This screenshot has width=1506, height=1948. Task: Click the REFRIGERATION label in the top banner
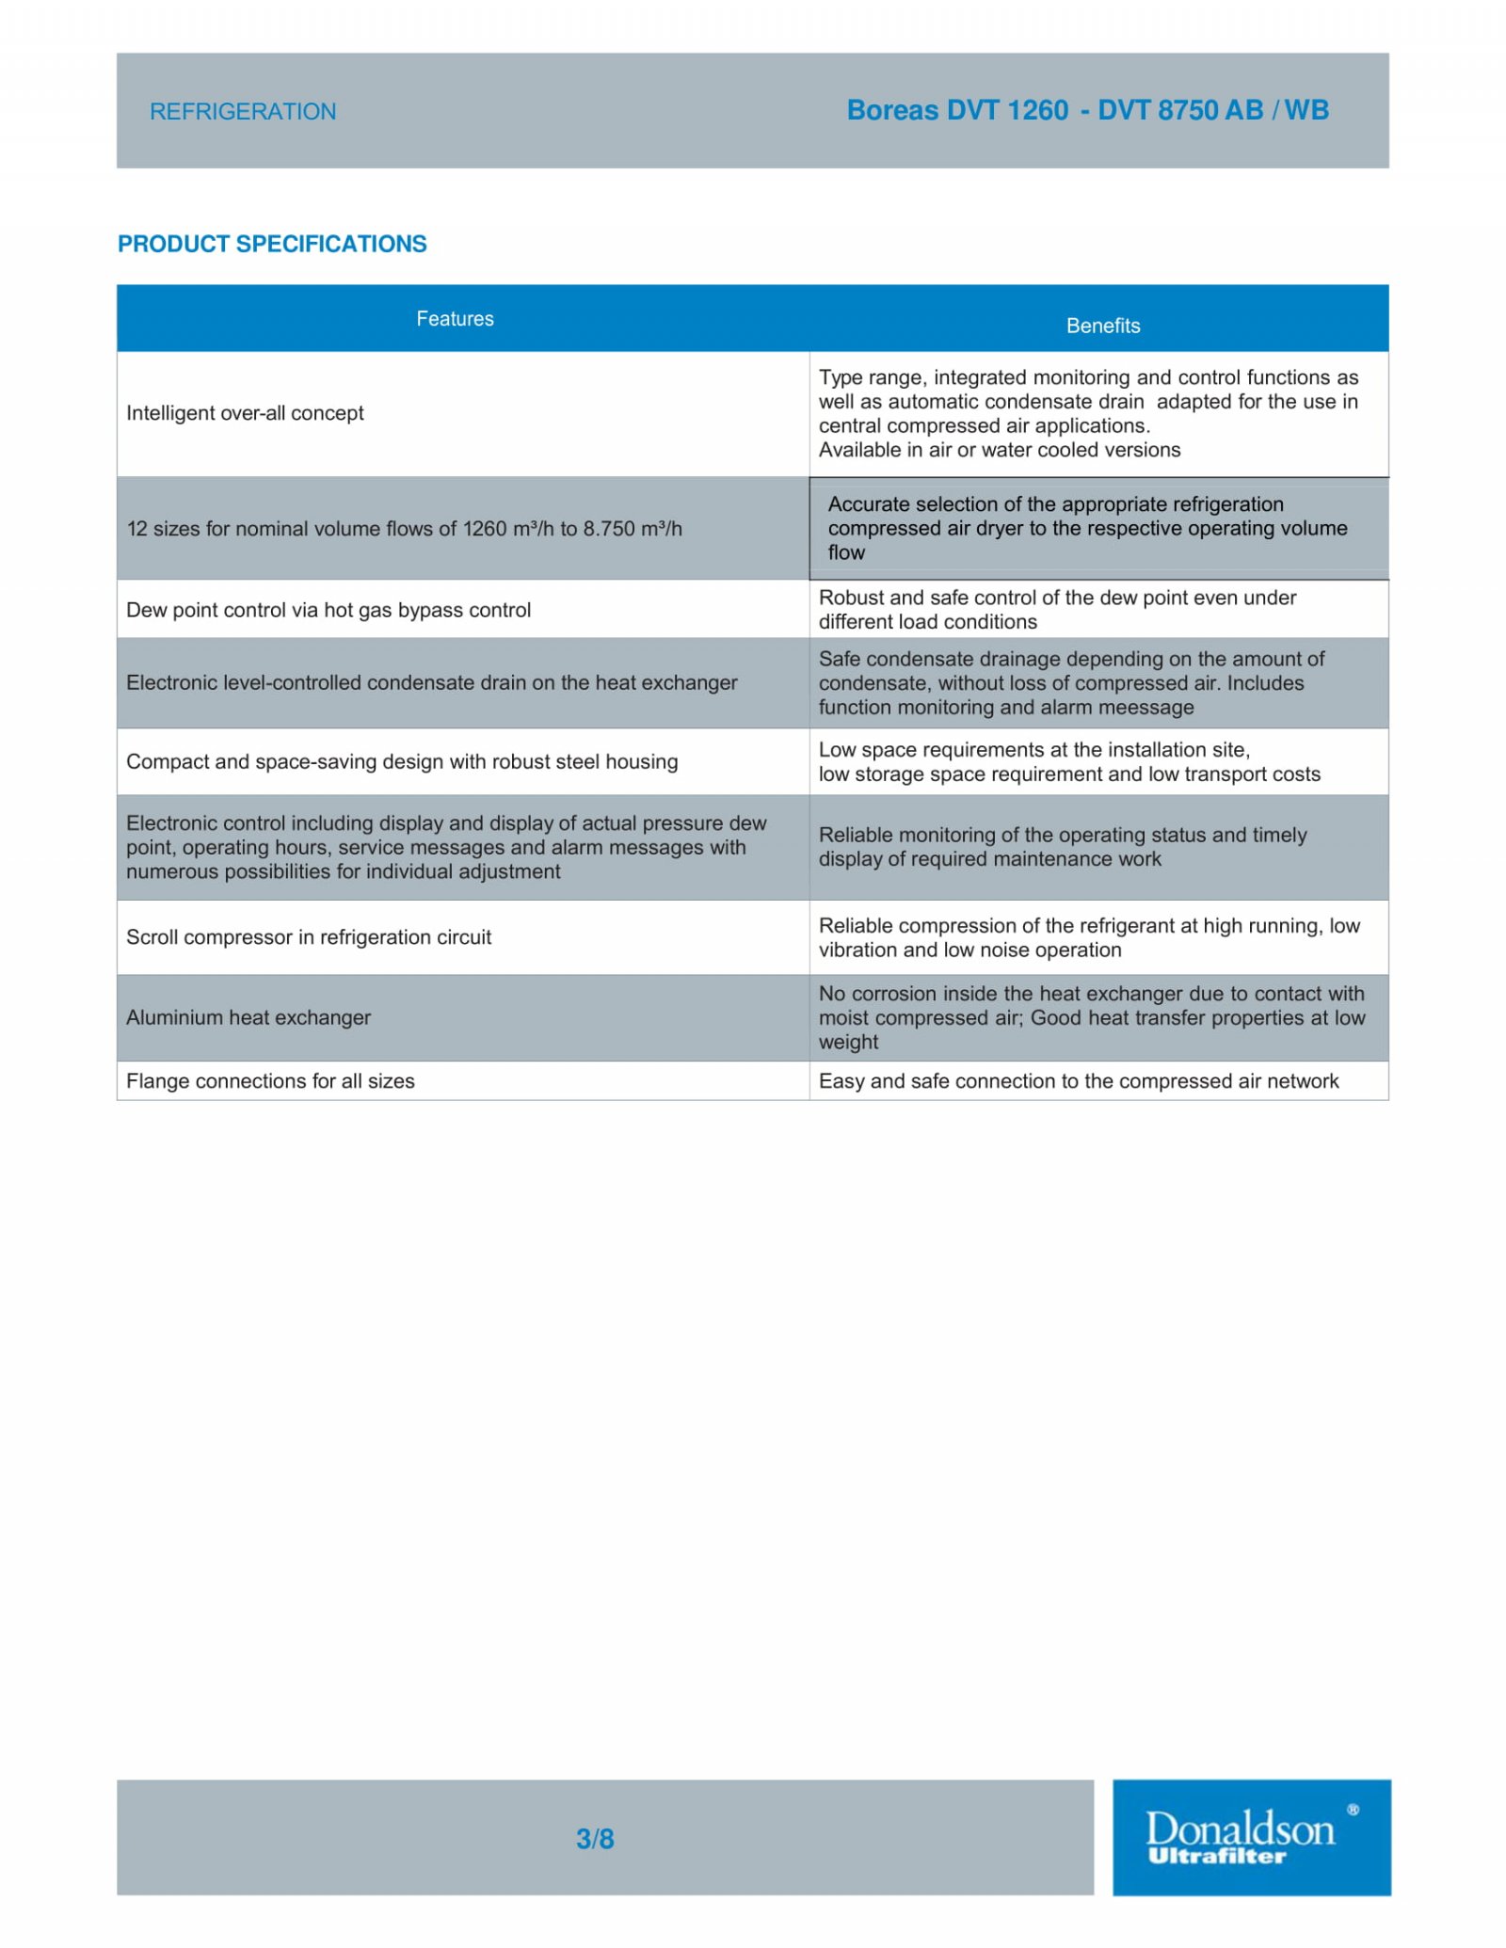point(243,111)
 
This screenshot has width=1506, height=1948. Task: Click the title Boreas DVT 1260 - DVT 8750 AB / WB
point(1087,110)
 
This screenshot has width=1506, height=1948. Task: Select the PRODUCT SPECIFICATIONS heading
point(272,244)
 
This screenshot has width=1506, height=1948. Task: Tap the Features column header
point(455,319)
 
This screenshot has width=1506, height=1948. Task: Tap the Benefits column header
point(1103,326)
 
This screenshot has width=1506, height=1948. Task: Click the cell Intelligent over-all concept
point(245,413)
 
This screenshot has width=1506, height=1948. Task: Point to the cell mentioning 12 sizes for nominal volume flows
point(404,529)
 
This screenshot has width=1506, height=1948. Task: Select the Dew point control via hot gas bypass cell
point(328,610)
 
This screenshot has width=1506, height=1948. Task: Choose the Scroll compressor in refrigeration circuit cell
point(309,937)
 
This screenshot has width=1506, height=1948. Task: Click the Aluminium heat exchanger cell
point(248,1017)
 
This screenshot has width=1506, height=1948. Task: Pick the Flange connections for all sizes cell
point(270,1081)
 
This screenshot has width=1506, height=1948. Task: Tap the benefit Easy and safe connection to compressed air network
point(1079,1081)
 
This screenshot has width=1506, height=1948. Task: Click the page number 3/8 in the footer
point(595,1839)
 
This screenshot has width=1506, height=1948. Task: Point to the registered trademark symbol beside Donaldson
point(1353,1810)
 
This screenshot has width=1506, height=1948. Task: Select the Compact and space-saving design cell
point(402,761)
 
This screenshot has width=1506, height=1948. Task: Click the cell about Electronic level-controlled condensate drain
point(432,682)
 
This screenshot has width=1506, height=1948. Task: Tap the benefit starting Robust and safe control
point(1057,610)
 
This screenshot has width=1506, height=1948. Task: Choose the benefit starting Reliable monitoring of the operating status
point(1063,847)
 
